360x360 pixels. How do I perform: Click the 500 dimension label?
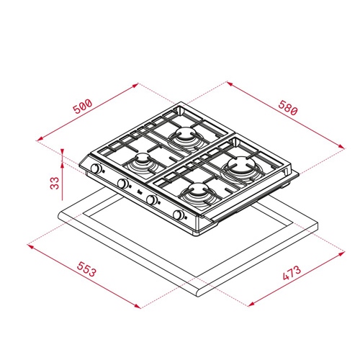83,107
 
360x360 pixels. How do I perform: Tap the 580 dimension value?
288,108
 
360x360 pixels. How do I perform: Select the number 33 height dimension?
55,183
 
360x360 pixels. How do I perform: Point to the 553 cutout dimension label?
86,269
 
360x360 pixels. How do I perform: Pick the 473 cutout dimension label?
292,273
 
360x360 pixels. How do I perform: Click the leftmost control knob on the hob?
96,168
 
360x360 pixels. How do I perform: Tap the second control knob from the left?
122,184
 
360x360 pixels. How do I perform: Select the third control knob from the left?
151,199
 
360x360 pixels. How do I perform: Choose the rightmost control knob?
178,215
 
